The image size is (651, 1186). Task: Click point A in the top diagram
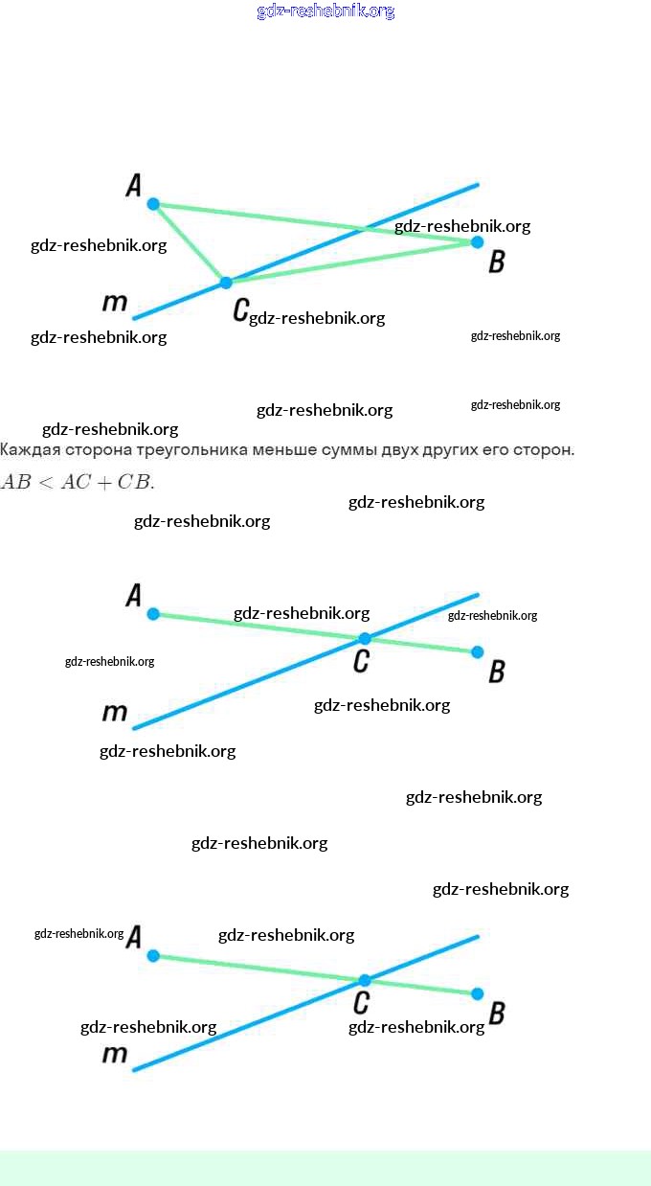[153, 203]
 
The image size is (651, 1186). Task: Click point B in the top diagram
[478, 242]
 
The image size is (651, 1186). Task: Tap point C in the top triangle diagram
[226, 283]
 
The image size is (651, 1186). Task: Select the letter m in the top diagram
[115, 303]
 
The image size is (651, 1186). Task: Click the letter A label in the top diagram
[134, 185]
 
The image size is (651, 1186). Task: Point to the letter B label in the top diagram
[496, 262]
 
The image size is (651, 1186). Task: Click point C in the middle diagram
[365, 638]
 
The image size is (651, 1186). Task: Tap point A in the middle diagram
[153, 614]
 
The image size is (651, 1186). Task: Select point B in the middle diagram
[478, 652]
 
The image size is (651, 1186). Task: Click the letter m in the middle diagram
[115, 713]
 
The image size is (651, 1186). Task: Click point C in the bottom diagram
[365, 980]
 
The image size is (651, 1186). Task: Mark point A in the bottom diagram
[153, 955]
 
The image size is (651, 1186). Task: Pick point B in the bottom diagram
[478, 994]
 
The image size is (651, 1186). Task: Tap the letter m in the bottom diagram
[115, 1055]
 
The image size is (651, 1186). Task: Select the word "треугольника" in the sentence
[182, 450]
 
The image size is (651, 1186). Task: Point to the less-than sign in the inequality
[46, 482]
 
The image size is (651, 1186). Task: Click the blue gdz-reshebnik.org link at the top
[325, 11]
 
